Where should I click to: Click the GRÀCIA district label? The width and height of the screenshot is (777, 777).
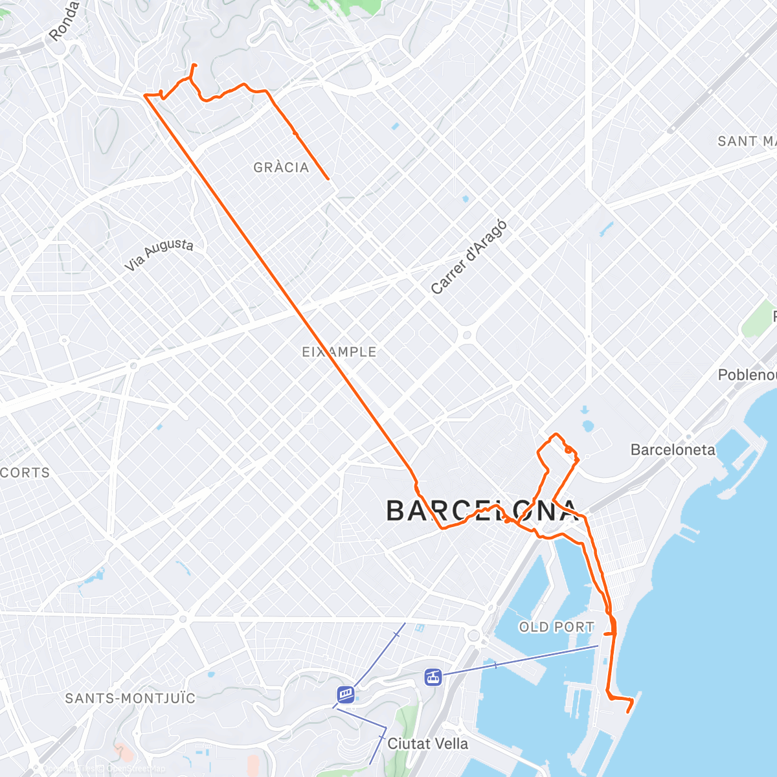click(281, 168)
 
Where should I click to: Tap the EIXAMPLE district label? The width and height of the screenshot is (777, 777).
click(339, 352)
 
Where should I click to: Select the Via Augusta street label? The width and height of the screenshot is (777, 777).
click(159, 254)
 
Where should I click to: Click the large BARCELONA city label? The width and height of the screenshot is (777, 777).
click(482, 512)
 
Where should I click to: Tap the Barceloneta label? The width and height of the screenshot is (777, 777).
click(673, 450)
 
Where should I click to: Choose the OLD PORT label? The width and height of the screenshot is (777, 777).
click(557, 627)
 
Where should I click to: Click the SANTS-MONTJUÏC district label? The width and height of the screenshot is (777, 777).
click(130, 699)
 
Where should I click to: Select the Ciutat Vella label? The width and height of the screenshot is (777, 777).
click(427, 744)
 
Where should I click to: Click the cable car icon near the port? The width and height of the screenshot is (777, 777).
click(433, 677)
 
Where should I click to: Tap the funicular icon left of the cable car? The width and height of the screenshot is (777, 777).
click(346, 695)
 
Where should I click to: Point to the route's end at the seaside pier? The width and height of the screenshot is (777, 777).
click(628, 712)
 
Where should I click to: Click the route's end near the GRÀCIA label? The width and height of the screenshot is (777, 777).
click(328, 179)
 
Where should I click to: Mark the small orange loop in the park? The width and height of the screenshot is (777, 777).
click(568, 449)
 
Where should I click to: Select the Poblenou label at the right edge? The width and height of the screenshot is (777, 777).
click(747, 375)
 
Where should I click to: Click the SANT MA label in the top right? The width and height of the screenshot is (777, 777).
click(746, 141)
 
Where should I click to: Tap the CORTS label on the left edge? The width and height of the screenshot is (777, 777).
click(25, 473)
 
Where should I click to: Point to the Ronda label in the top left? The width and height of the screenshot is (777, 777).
click(63, 22)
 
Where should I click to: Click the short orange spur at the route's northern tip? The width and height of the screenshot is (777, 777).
click(194, 69)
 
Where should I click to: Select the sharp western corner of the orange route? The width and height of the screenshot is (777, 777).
click(145, 96)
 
